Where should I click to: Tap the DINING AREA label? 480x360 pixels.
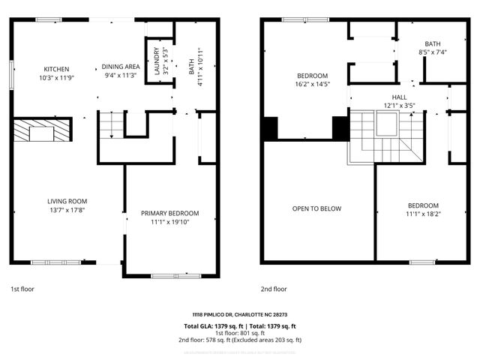coord(120,66)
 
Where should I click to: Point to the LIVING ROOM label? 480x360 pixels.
coord(67,201)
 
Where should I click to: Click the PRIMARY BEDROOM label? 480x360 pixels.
coord(170,214)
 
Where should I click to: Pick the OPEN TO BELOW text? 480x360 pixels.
coord(316,208)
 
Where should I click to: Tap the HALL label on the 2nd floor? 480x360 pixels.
coord(399,97)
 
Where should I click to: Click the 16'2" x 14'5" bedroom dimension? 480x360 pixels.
coord(313,85)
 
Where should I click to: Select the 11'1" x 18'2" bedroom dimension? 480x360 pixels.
coord(423,214)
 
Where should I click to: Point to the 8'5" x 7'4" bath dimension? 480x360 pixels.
coord(433,52)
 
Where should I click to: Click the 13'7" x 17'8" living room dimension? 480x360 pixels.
coord(67,210)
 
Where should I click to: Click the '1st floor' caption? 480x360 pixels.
coord(22,289)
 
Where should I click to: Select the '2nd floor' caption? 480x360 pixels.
coord(274,289)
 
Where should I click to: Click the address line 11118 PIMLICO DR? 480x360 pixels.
coord(239,314)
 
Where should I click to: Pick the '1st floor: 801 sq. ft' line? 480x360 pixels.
coord(239,333)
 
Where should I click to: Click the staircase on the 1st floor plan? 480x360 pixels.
coord(111,124)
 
